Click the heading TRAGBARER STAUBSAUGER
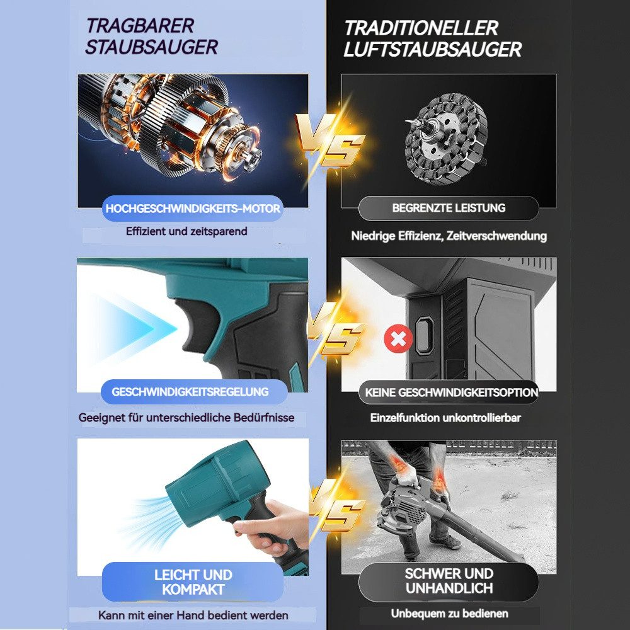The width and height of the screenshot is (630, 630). point(151,36)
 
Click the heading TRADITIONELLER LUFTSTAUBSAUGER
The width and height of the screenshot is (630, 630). point(432,38)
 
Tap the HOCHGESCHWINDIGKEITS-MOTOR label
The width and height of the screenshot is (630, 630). point(193,209)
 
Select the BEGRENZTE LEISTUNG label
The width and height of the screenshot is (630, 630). point(449,208)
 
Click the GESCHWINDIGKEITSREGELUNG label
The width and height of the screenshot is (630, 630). point(190,392)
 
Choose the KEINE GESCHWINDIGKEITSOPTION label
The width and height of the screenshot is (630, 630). point(451,392)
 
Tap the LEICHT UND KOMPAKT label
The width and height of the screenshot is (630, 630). point(193,582)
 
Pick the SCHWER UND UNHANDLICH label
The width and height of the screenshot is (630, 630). point(449,581)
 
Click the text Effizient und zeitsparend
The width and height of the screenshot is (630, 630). point(186,231)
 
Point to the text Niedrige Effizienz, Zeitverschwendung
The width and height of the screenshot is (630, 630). point(449,236)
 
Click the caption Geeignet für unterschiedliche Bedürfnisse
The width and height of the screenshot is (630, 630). point(186,417)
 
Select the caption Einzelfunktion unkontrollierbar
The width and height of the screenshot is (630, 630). point(445,417)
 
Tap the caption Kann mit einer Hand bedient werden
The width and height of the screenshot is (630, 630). point(193,615)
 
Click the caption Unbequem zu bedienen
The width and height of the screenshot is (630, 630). point(449,613)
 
